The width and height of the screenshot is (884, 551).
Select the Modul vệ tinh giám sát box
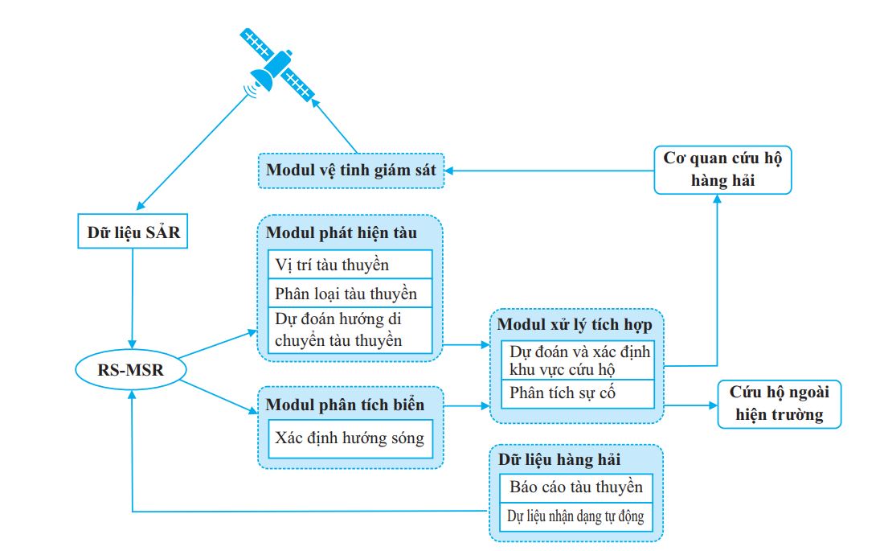point(351,171)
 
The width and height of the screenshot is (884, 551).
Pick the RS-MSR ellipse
point(129,369)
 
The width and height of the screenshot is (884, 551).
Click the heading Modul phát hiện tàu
point(342,233)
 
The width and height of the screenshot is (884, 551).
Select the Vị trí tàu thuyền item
point(350,264)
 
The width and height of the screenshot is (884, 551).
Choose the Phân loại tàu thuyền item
point(350,293)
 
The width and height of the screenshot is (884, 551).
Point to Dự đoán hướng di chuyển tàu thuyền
point(350,329)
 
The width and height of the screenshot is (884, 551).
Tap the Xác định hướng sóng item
point(350,439)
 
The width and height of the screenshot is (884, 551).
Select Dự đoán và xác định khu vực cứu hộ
point(579,360)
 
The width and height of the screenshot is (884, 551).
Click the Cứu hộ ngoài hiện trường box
point(779,404)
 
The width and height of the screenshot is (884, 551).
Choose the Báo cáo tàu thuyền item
point(575,487)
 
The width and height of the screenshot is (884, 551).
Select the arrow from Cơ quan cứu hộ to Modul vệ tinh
point(550,170)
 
